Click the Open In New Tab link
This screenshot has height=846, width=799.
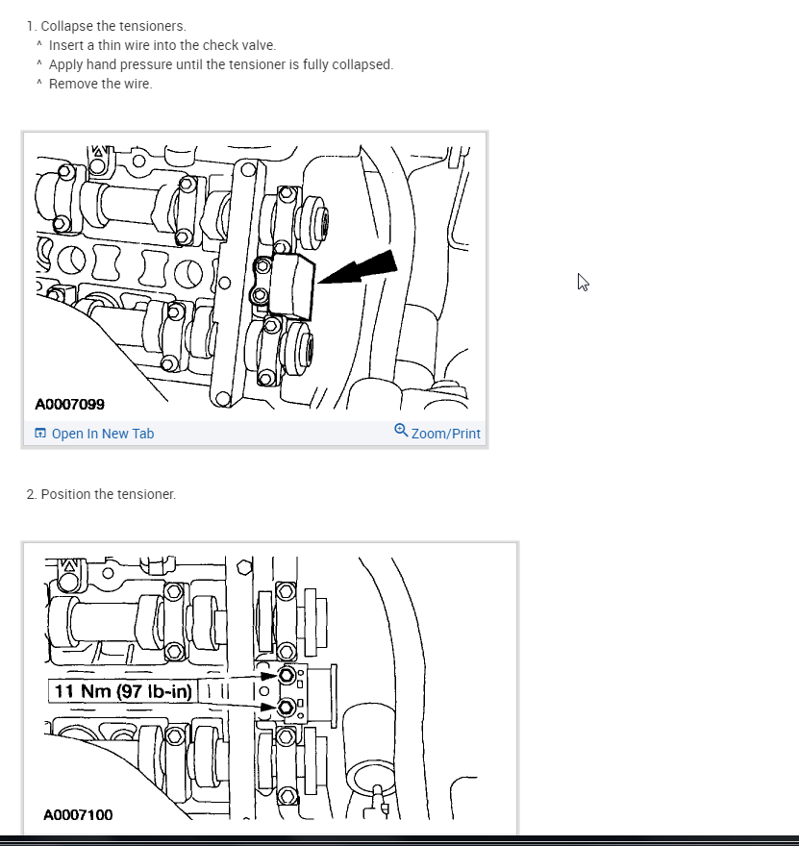102,434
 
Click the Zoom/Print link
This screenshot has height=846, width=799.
445,434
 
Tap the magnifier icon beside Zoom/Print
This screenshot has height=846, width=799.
401,431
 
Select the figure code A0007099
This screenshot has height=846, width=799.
70,405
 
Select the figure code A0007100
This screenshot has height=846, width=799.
78,815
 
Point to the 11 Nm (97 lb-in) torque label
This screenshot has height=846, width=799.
123,691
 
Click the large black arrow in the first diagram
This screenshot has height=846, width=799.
360,268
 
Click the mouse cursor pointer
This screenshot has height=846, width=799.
583,282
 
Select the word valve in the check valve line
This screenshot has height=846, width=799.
258,45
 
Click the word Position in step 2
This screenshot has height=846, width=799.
65,494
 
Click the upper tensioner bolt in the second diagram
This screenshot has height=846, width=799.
286,677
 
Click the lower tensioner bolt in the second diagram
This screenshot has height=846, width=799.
286,709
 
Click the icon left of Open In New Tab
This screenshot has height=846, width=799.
40,434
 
